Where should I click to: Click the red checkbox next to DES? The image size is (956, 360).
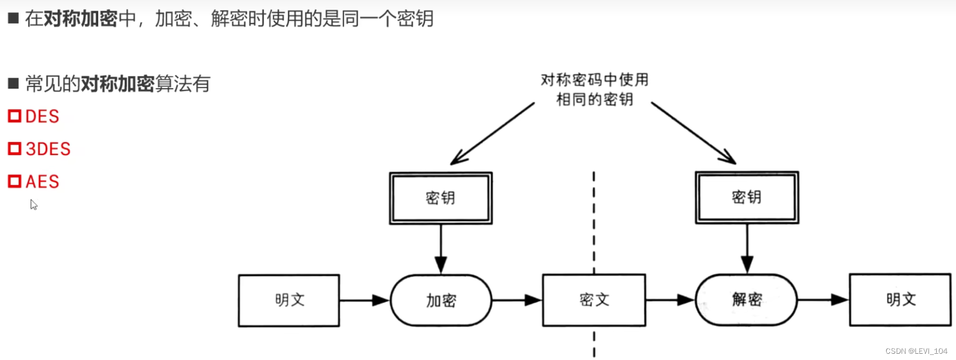[x=14, y=116]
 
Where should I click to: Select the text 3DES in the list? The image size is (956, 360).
[x=48, y=149]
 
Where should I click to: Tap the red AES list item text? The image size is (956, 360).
[x=43, y=182]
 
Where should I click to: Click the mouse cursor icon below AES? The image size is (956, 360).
[x=33, y=204]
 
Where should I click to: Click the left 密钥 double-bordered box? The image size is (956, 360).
[x=441, y=198]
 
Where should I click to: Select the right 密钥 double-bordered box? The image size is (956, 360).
[x=747, y=197]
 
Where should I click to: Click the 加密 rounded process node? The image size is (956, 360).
[x=441, y=300]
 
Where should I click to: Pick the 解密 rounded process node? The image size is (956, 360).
[x=747, y=300]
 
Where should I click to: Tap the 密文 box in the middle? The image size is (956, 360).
[x=594, y=300]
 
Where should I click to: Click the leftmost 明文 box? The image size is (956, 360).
[x=289, y=300]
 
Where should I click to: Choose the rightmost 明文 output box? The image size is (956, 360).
[x=900, y=299]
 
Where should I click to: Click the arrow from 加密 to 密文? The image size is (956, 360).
[x=517, y=300]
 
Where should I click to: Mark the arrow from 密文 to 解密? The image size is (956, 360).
[x=670, y=299]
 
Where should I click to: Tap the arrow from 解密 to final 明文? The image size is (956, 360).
[x=823, y=299]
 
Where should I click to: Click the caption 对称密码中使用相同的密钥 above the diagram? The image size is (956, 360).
[x=594, y=89]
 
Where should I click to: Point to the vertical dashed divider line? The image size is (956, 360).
[x=594, y=227]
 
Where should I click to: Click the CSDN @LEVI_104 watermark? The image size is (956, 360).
[x=916, y=351]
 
